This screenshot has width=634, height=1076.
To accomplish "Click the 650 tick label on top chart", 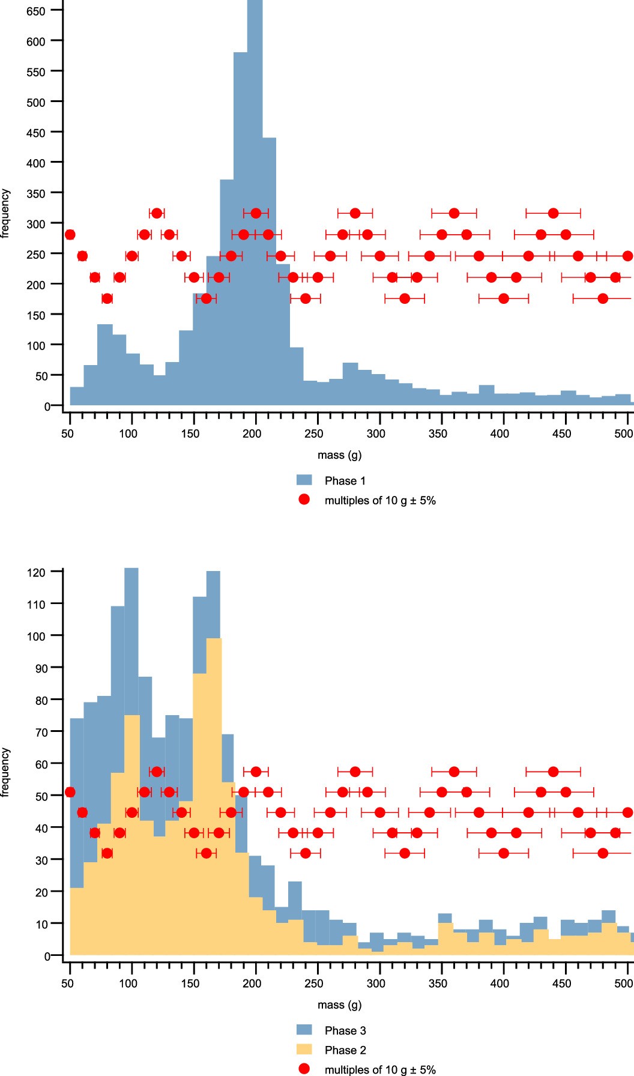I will coord(35,11).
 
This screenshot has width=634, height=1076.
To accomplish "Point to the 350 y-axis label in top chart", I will coord(35,193).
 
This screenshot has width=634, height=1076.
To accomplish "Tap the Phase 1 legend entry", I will coord(345,480).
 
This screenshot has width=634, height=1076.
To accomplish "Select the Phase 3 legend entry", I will coord(345,1030).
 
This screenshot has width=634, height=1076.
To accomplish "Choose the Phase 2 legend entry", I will coord(345,1050).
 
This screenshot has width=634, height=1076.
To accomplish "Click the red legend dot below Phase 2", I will coord(304,1069).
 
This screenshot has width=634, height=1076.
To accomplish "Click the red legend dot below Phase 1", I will coord(304,500).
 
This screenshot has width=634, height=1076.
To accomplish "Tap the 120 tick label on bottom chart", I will coord(35,572).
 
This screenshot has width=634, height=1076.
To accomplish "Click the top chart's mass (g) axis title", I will coord(339,455).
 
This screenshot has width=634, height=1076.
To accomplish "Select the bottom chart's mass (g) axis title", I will coord(339,1005).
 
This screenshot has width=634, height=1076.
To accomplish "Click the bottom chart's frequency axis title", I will coord(5,772).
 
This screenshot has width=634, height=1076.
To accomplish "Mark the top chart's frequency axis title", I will coord(5,214).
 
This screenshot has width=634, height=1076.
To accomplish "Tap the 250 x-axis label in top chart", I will coord(313,434).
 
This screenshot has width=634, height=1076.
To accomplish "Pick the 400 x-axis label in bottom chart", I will coord(500,983).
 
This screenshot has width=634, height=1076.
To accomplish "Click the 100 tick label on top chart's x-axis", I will coord(128,434).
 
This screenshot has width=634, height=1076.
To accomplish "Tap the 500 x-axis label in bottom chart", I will coord(624,983).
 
